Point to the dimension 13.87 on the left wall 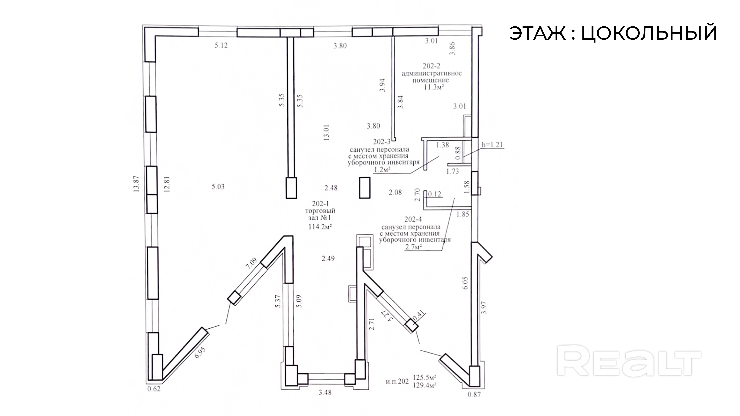(136, 184)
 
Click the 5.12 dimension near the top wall (221, 45)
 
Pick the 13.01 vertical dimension (326, 132)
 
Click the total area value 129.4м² (425, 385)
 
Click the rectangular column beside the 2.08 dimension (365, 187)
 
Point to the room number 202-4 (413, 220)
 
